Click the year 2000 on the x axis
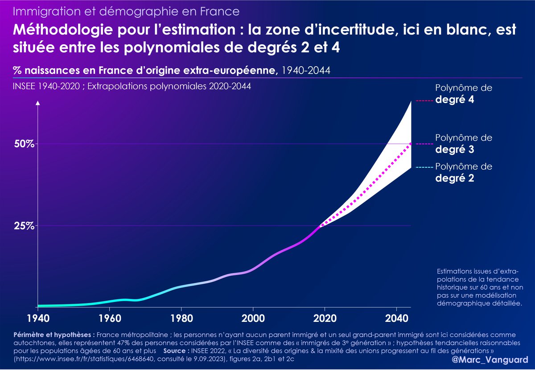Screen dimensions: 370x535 (x=253, y=320)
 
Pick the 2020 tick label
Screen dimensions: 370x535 (x=325, y=320)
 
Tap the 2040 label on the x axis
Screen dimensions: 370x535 (x=396, y=320)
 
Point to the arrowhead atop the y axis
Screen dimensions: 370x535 (x=38, y=104)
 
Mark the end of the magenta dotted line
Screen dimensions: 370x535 (x=410, y=144)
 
